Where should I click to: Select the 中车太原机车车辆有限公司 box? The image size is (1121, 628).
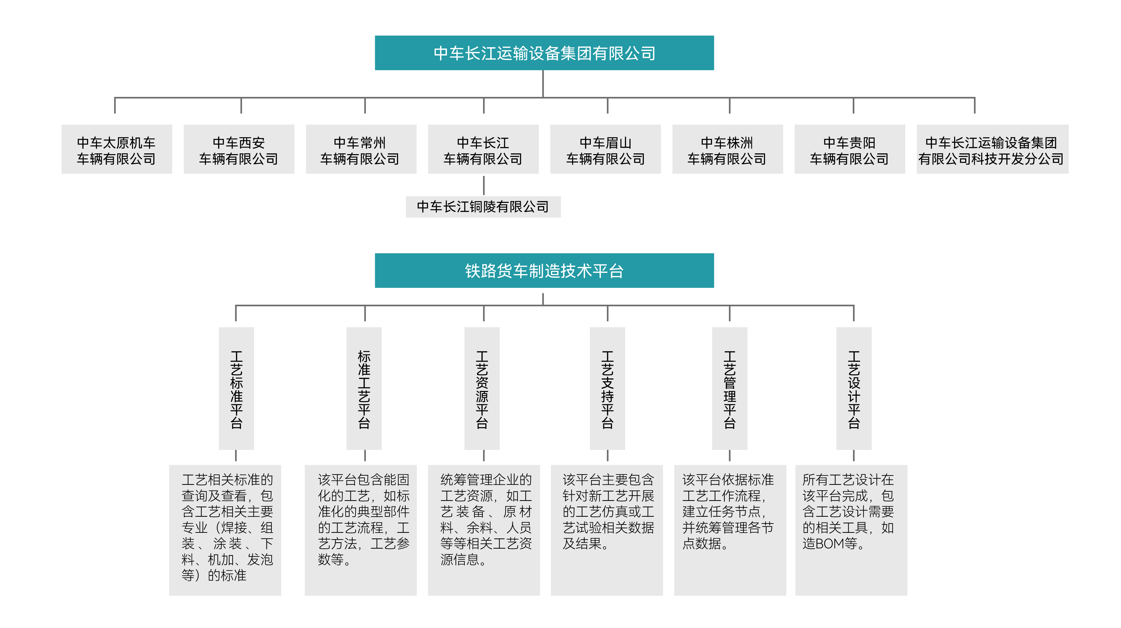pos(117,150)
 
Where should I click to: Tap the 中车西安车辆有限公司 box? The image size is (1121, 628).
pos(239,150)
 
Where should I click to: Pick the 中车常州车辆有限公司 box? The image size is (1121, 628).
pos(361,150)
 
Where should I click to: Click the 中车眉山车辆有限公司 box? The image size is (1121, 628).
pos(605,150)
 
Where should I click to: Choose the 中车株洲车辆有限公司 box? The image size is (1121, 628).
pos(727,150)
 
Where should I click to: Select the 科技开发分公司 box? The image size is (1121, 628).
pos(992,150)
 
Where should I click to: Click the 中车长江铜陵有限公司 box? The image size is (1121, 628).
pos(483,207)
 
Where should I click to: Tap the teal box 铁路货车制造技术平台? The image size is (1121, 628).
pos(544,271)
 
